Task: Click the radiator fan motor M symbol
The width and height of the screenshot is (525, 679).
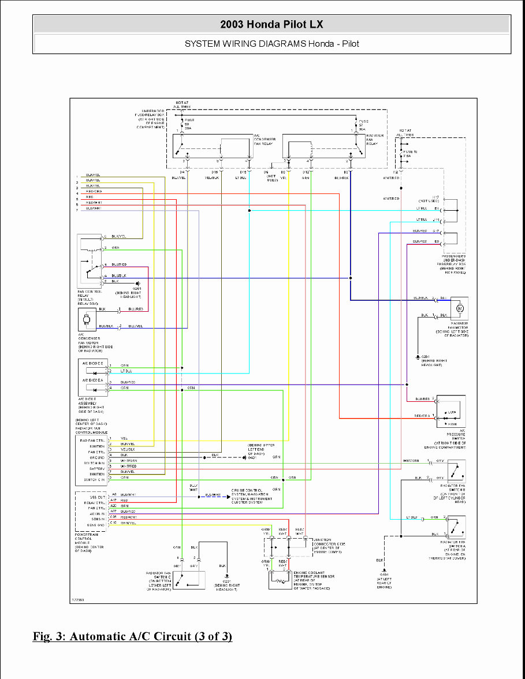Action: coord(460,309)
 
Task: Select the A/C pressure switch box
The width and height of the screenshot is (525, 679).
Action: coord(451,411)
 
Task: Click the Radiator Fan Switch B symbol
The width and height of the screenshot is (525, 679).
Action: coord(456,471)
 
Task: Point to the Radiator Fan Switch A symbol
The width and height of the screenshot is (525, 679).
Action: coord(456,527)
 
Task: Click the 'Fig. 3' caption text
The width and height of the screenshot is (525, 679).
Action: coord(132,636)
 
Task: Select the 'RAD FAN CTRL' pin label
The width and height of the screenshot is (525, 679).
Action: coord(92,440)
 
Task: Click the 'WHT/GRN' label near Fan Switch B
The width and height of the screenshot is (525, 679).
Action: coord(411,460)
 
